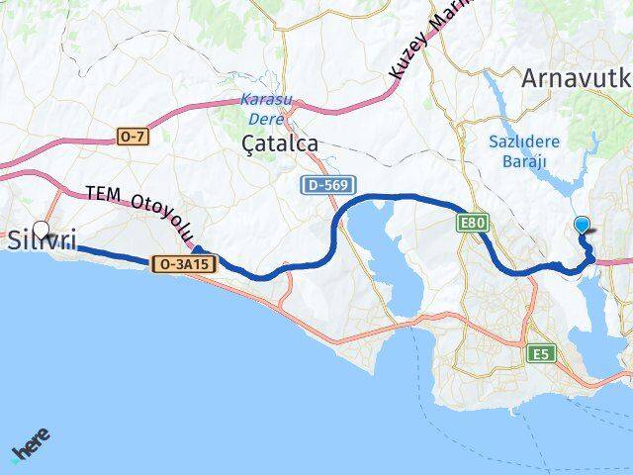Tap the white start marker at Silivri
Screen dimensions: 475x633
coord(41,229)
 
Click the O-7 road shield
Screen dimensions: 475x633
coord(132,137)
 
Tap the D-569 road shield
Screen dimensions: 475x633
coord(323,185)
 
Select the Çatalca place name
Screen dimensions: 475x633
coord(280,143)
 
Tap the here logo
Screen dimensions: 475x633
coord(31,446)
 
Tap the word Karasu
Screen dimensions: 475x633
coord(265,100)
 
